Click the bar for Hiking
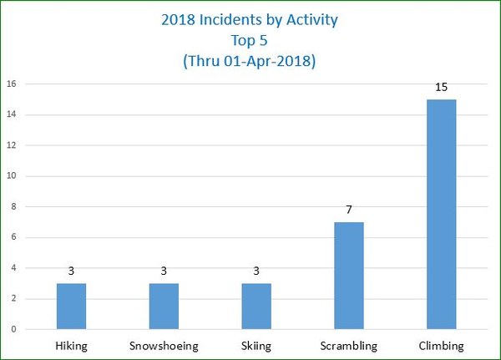click(71, 306)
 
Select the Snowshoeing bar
click(164, 306)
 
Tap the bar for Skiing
click(256, 306)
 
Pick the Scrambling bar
click(349, 276)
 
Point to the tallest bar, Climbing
click(441, 214)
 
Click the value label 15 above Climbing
click(441, 87)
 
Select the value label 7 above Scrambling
click(349, 210)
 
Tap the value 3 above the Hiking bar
click(71, 271)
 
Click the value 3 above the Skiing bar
click(256, 271)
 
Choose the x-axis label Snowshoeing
click(164, 345)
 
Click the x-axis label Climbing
click(441, 345)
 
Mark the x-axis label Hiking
click(71, 345)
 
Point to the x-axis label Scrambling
click(349, 345)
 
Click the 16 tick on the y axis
click(13, 84)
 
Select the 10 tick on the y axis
click(13, 176)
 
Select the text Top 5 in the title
click(250, 41)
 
